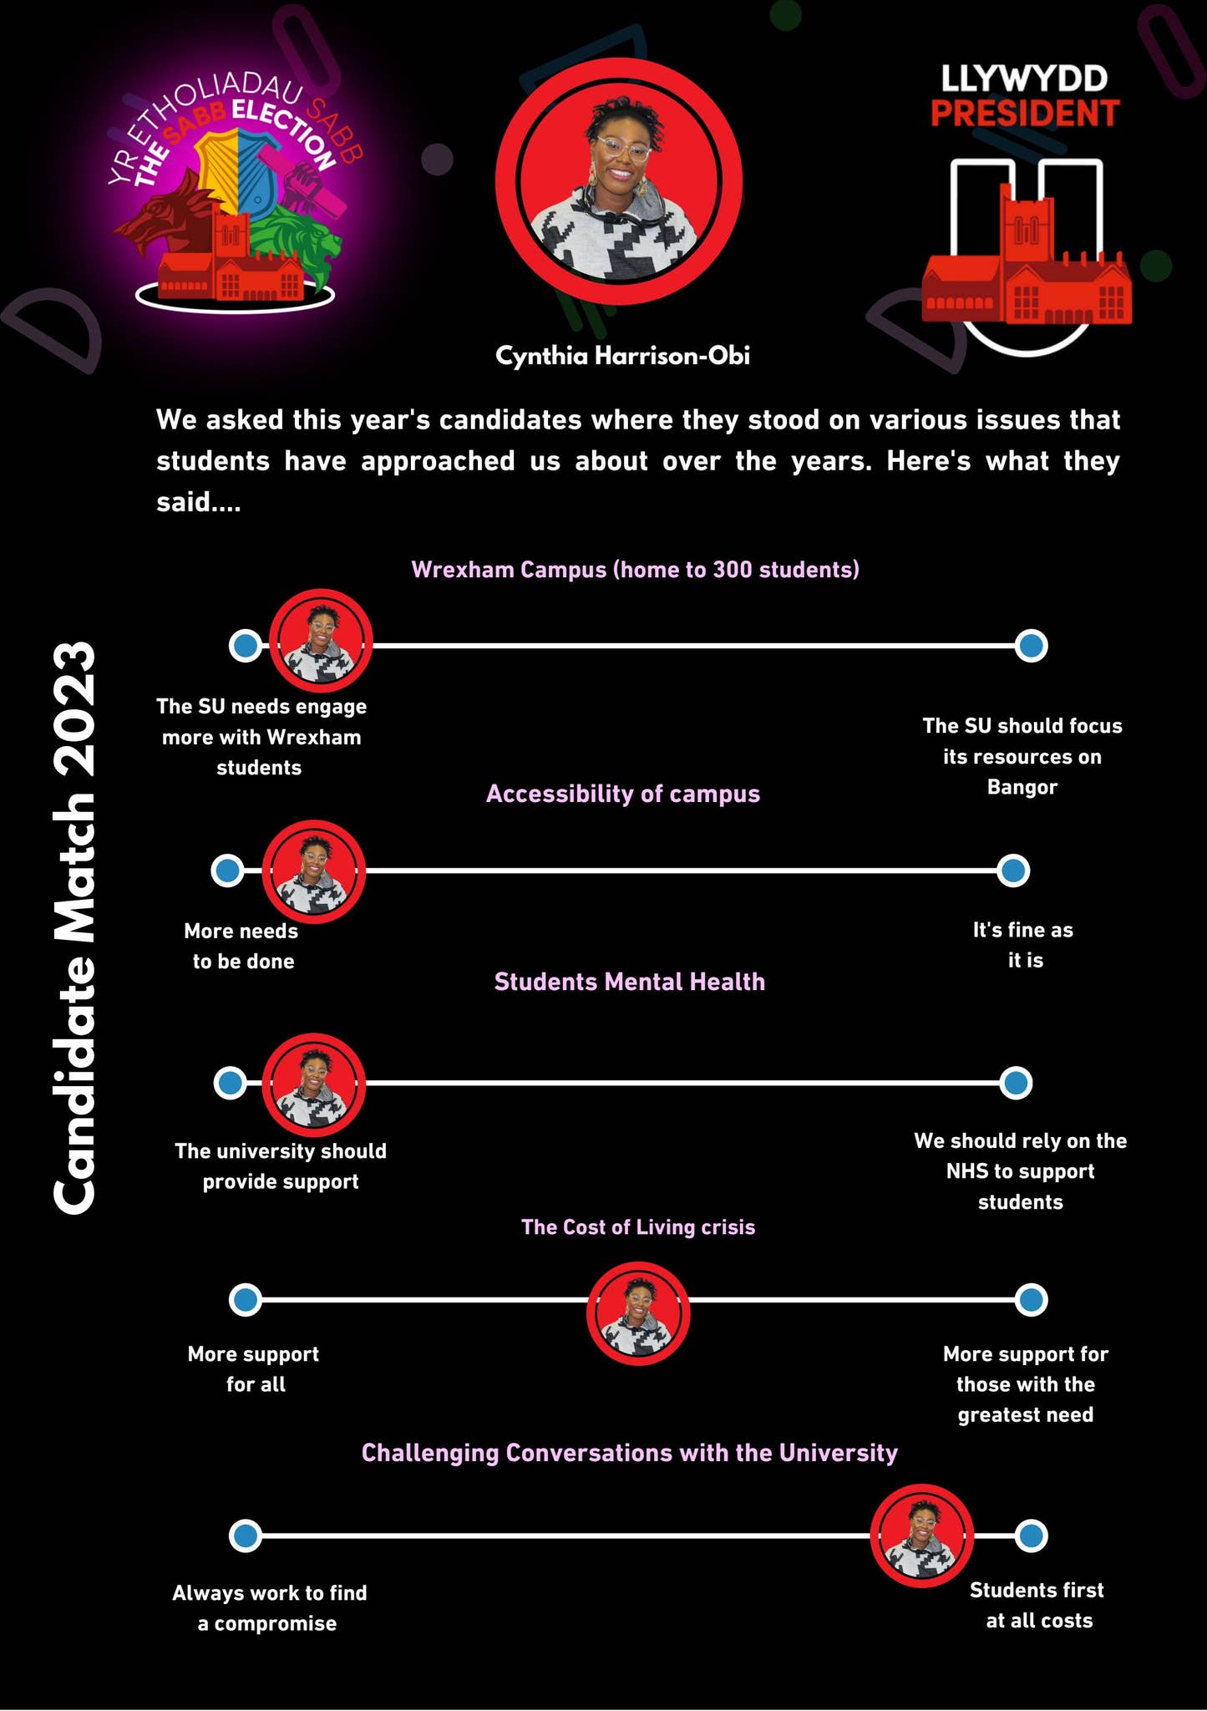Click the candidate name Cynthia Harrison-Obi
click(622, 356)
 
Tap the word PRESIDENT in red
click(1025, 114)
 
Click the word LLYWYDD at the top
click(1025, 79)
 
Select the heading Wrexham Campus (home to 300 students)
click(635, 570)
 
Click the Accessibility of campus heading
click(623, 794)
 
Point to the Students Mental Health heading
click(630, 982)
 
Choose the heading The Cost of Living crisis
click(638, 1227)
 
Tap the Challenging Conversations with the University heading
click(630, 1453)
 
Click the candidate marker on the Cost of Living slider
click(638, 1313)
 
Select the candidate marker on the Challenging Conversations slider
click(921, 1536)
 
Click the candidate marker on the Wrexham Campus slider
click(321, 641)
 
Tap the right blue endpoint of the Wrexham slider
click(1032, 646)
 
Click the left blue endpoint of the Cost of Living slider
click(246, 1300)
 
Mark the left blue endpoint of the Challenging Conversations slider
click(246, 1536)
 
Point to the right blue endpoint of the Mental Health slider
click(1016, 1083)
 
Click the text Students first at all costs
click(1037, 1605)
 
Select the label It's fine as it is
click(1023, 945)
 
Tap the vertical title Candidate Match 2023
click(74, 927)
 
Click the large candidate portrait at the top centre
click(619, 181)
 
